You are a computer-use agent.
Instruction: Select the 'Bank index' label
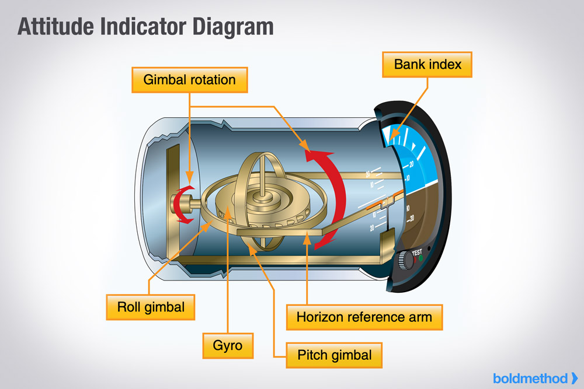click(427, 64)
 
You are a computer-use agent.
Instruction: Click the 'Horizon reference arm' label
click(364, 317)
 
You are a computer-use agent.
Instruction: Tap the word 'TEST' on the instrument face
click(417, 253)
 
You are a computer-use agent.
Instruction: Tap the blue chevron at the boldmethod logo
click(574, 377)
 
